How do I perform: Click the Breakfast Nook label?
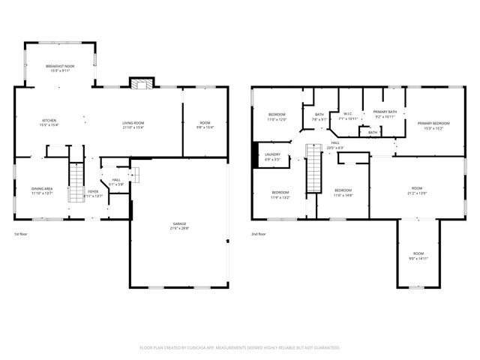(60, 68)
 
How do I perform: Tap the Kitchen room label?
(49, 123)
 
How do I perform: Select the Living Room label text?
(133, 124)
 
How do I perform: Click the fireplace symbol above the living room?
(141, 82)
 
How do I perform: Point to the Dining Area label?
(42, 190)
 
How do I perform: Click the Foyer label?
(93, 193)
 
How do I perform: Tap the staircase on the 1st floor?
(76, 184)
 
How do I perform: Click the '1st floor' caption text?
(22, 235)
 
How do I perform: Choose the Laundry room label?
(272, 157)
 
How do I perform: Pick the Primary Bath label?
(385, 113)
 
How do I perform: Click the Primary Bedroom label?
(433, 125)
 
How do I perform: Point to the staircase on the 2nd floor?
(313, 169)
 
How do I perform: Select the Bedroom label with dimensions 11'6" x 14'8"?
(344, 192)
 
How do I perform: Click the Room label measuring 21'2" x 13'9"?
(417, 190)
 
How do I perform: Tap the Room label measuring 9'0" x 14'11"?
(418, 255)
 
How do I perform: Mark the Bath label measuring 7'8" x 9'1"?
(319, 116)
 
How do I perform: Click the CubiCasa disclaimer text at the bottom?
(240, 347)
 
